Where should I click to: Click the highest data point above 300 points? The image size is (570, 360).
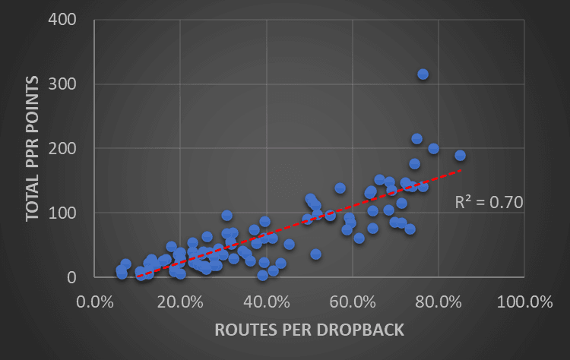click(x=423, y=74)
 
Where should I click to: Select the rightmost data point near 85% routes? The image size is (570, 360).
click(x=460, y=156)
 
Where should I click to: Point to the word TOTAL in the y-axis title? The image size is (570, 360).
click(x=33, y=199)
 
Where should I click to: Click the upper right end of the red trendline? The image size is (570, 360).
click(x=461, y=170)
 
